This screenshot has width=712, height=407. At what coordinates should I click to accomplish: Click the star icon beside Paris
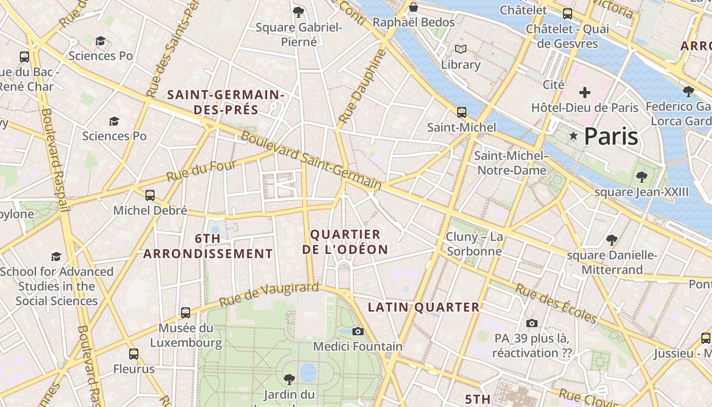pyautogui.click(x=574, y=136)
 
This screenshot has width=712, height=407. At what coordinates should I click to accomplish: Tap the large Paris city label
pyautogui.click(x=611, y=136)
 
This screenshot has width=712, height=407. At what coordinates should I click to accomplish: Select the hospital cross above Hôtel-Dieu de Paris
pyautogui.click(x=585, y=93)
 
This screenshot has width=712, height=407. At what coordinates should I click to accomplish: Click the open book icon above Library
pyautogui.click(x=461, y=49)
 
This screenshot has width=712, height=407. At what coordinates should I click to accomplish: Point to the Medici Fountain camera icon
pyautogui.click(x=358, y=332)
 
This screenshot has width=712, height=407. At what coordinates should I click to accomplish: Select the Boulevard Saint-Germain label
pyautogui.click(x=311, y=160)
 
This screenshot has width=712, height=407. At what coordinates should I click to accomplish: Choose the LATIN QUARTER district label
pyautogui.click(x=424, y=307)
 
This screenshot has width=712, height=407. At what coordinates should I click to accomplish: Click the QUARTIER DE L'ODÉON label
pyautogui.click(x=345, y=242)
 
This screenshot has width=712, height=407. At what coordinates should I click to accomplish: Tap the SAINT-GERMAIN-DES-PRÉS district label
pyautogui.click(x=225, y=102)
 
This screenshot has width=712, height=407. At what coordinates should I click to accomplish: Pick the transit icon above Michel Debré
pyautogui.click(x=150, y=195)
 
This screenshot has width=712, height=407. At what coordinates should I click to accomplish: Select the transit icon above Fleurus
pyautogui.click(x=134, y=354)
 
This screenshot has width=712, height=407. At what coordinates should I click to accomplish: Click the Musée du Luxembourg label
pyautogui.click(x=186, y=335)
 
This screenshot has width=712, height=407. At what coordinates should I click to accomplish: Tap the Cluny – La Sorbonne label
pyautogui.click(x=474, y=244)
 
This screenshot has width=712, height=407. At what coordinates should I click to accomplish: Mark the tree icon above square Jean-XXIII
pyautogui.click(x=642, y=177)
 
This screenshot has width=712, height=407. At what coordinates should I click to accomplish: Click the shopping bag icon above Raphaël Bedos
pyautogui.click(x=413, y=7)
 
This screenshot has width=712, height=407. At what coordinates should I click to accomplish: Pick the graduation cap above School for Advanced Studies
pyautogui.click(x=56, y=256)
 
